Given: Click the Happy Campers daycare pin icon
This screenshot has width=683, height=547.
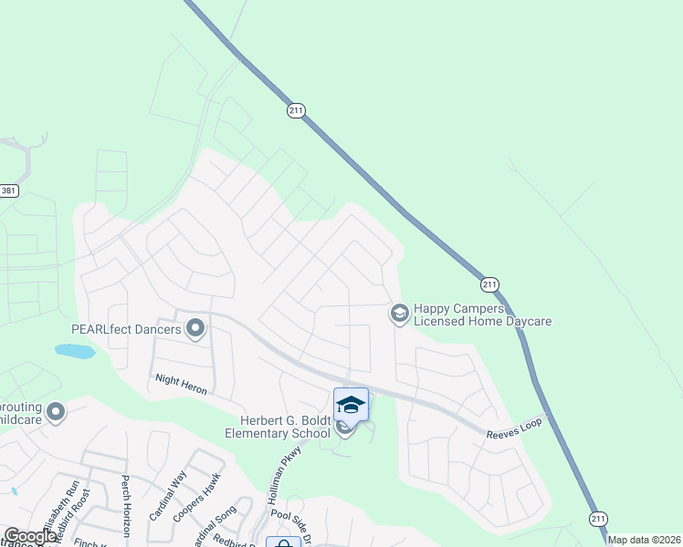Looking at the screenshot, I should point(399,314).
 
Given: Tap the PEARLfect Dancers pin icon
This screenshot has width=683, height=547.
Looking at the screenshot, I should point(195,327).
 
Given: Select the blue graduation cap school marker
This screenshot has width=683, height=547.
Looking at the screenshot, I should point(351,404).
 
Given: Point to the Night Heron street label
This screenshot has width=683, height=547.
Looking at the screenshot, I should point(182,384).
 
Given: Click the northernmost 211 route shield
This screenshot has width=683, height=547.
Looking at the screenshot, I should point(295,109).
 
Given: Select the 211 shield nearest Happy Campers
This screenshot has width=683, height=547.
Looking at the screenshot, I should point(490,284).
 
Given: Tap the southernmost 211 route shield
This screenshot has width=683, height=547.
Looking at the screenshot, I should point(597,516).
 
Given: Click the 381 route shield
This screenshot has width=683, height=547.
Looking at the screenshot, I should point(8,191).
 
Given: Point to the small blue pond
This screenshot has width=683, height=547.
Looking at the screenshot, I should point(74,350).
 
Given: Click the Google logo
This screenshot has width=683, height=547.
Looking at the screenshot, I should point(29,536).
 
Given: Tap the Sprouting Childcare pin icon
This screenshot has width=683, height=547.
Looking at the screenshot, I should point(56,413).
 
